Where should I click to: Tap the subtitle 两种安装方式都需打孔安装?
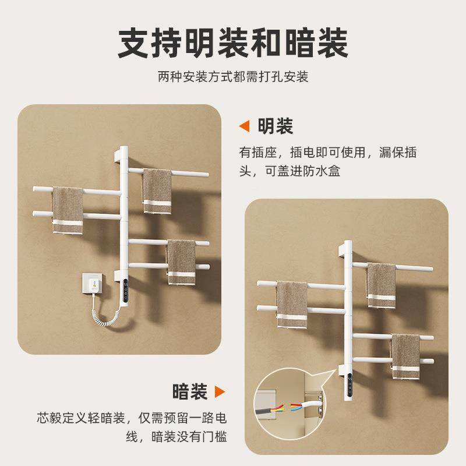pyautogui.click(x=233, y=77)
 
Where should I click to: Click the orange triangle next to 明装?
pyautogui.click(x=245, y=126)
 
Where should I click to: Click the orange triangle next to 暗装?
pyautogui.click(x=220, y=391)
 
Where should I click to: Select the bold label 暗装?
pyautogui.click(x=190, y=391)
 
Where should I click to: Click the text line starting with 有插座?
pyautogui.click(x=329, y=153)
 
